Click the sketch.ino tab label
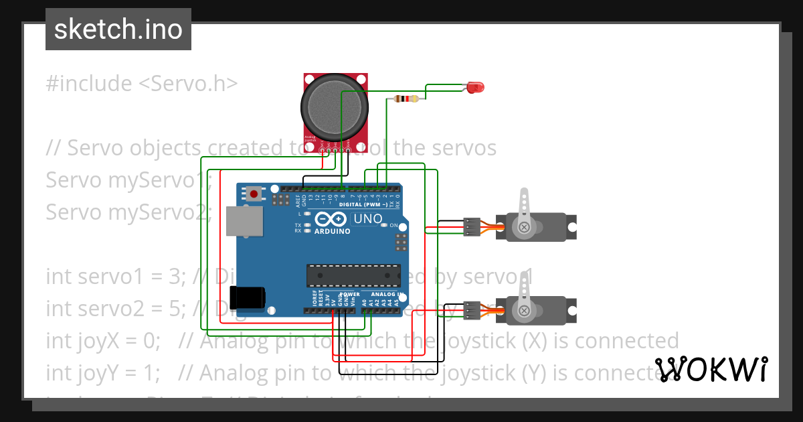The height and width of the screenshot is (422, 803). tap(118, 29)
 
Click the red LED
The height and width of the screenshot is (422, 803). tap(476, 87)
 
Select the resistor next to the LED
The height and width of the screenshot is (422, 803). tap(407, 99)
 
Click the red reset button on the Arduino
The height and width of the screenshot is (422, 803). tap(254, 194)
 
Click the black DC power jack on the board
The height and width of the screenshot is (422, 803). tap(246, 297)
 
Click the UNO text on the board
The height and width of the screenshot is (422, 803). tap(367, 219)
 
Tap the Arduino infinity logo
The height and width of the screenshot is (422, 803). tap(330, 219)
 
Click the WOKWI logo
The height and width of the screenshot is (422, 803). tap(711, 369)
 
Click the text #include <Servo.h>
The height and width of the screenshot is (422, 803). tap(141, 84)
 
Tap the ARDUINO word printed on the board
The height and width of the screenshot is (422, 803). tap(332, 231)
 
